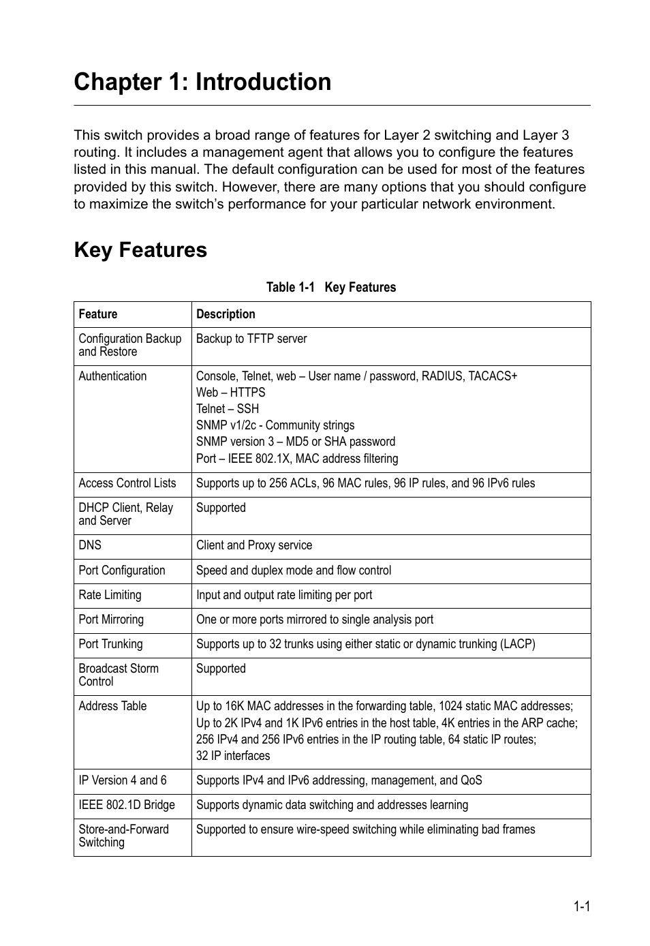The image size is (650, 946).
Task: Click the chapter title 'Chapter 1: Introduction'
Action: [x=202, y=82]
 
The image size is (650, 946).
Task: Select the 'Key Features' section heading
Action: [x=140, y=250]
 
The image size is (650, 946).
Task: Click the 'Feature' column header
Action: [x=98, y=314]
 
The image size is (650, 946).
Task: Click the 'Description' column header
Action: [x=226, y=314]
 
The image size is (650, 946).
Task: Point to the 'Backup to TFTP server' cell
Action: [x=251, y=339]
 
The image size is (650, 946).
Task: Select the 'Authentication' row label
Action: [x=112, y=376]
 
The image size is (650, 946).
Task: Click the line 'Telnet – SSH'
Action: [x=228, y=409]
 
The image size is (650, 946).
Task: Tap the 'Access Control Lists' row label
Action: [x=127, y=483]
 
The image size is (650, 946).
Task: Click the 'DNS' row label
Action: [x=90, y=545]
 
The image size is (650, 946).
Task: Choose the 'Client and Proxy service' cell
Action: [x=254, y=545]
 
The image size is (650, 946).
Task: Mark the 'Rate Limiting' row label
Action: [x=110, y=595]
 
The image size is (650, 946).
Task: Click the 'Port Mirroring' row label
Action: [x=111, y=620]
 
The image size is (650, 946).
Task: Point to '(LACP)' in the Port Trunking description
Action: [x=518, y=644]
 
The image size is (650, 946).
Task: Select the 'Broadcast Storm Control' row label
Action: [x=119, y=675]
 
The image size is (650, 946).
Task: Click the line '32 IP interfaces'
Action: [x=233, y=756]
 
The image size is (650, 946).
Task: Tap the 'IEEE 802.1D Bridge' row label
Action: [x=127, y=805]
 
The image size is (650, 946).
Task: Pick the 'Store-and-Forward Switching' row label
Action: [x=123, y=836]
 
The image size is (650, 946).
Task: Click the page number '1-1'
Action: [x=581, y=906]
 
